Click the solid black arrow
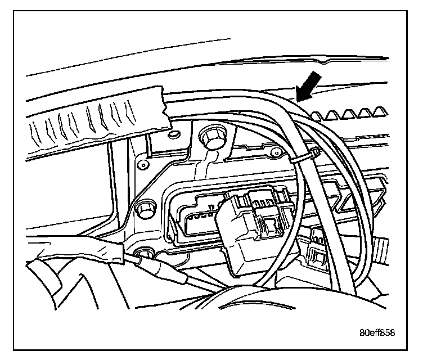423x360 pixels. pos(310,85)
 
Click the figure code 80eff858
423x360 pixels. pos(376,332)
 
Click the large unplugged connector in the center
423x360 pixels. pos(250,225)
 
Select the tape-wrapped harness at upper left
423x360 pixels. pos(96,118)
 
